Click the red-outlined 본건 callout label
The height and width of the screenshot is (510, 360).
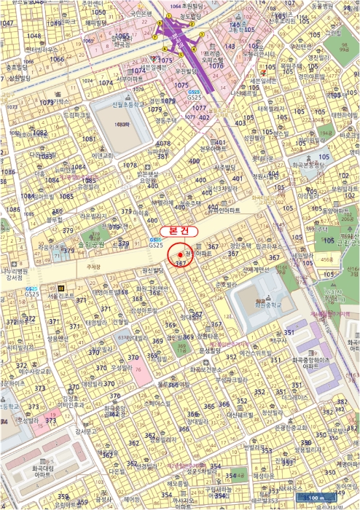pyautogui.click(x=179, y=229)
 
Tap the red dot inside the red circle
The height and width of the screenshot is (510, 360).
pyautogui.click(x=180, y=254)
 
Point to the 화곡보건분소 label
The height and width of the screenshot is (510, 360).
pyautogui.click(x=207, y=369)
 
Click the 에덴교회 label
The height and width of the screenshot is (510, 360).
pyautogui.click(x=102, y=155)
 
